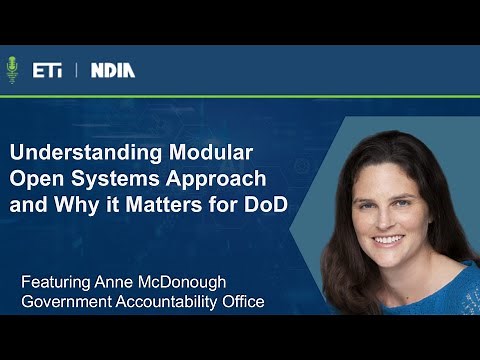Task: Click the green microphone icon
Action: (13, 70)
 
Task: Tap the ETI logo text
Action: (47, 70)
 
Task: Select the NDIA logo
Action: (112, 70)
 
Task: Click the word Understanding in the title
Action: (77, 156)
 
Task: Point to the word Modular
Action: (204, 156)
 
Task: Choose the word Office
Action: (243, 301)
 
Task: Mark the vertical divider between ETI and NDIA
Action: (77, 70)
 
